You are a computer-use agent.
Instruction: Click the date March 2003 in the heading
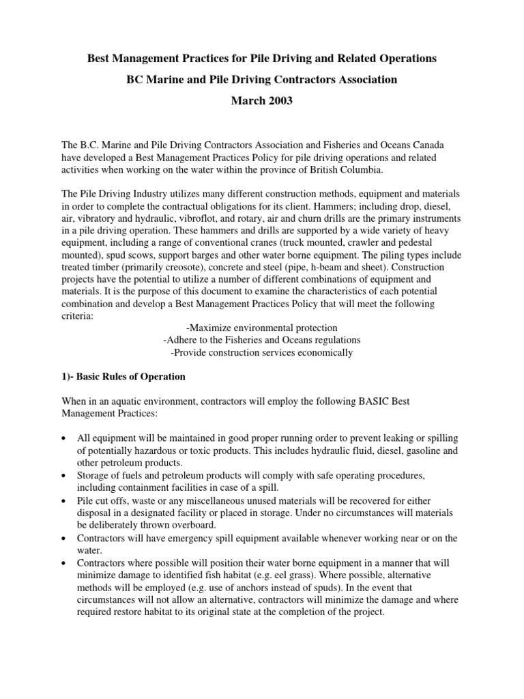[x=262, y=101]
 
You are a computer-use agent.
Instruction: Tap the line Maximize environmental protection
[x=261, y=328]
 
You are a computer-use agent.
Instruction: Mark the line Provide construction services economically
[x=262, y=353]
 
